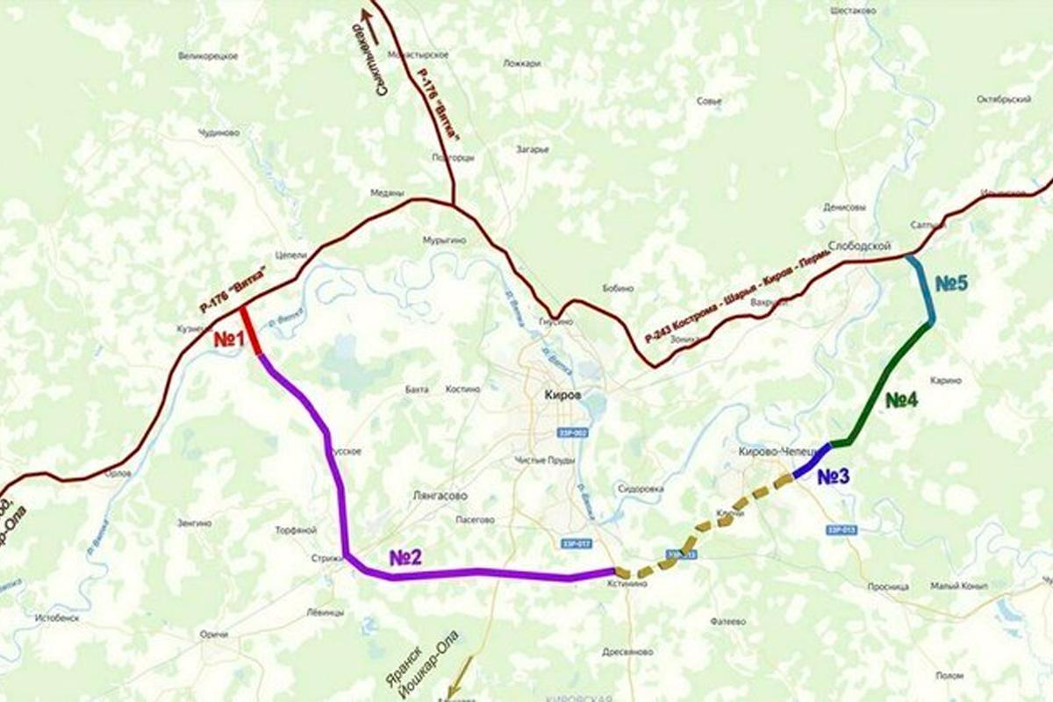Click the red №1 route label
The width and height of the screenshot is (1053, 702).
point(230,340)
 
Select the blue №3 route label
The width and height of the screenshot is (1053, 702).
point(833,477)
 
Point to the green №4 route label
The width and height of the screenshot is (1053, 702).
point(901,401)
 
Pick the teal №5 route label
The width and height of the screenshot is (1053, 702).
point(950,284)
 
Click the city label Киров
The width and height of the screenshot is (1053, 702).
point(562,396)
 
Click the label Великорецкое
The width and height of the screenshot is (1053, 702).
point(208,56)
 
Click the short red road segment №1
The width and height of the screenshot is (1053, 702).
point(250,332)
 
